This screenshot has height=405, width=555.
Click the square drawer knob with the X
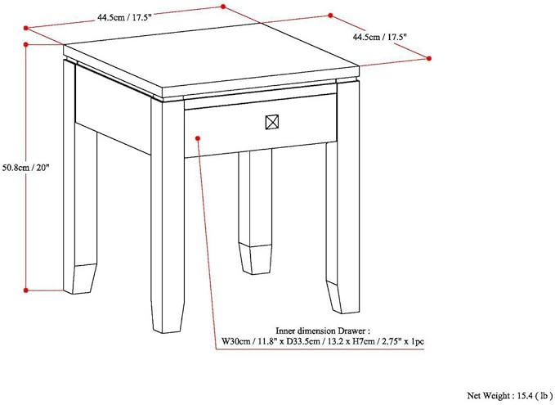click(272, 123)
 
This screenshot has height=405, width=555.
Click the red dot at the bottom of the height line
click(26, 289)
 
